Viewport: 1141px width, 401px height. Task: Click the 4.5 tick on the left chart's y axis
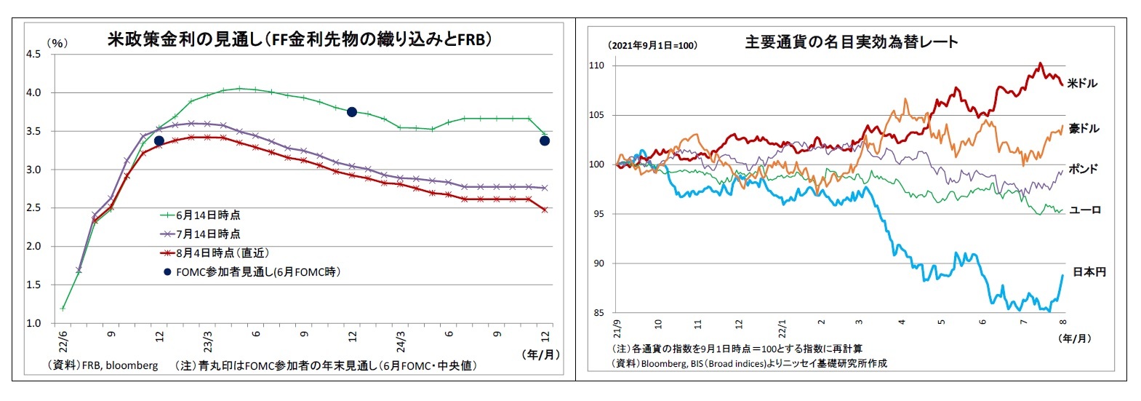(x=33, y=54)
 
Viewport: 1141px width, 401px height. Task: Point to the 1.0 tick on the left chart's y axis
(x=33, y=323)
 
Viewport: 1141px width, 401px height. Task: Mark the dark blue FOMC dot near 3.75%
(x=352, y=111)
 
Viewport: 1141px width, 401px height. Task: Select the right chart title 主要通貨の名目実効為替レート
(x=852, y=42)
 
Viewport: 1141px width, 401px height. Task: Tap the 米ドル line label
(x=1082, y=84)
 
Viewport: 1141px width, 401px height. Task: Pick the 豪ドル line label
(x=1084, y=129)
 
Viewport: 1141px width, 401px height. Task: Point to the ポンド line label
(x=1083, y=169)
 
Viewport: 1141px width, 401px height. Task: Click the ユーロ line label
(x=1084, y=210)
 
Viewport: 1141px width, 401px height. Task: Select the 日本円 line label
(x=1089, y=272)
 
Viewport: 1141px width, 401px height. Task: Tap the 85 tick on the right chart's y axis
(x=598, y=313)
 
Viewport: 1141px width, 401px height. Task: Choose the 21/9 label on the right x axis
(x=617, y=327)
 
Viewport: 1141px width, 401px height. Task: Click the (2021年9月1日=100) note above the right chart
(x=652, y=45)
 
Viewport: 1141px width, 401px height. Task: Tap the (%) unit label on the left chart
(x=57, y=43)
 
